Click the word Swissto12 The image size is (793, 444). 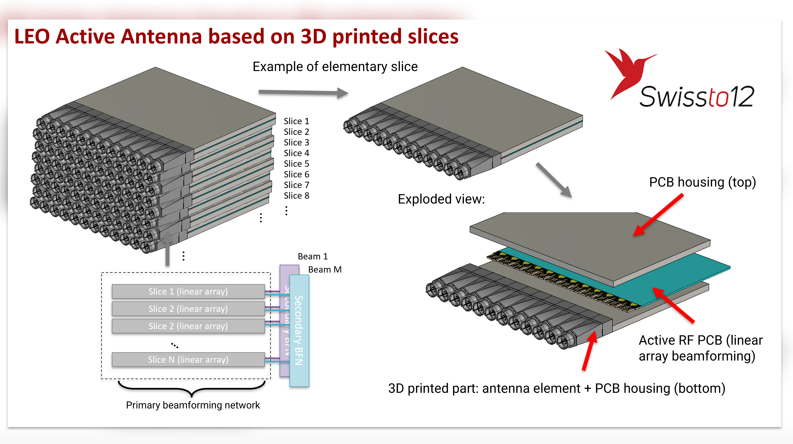point(696,97)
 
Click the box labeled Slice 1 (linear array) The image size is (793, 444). point(188,291)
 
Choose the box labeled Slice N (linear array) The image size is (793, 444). point(188,359)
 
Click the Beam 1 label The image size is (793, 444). point(312,256)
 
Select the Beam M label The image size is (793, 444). point(325,270)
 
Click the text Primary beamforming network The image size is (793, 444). point(193,405)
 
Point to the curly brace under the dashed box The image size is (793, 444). point(191,389)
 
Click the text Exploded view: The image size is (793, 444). point(441,199)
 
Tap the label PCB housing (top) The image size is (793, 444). point(702,182)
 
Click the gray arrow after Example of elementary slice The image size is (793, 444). point(303,92)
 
